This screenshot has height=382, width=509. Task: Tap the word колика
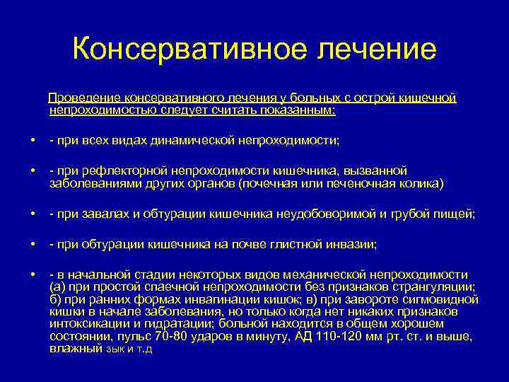tap(421, 183)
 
